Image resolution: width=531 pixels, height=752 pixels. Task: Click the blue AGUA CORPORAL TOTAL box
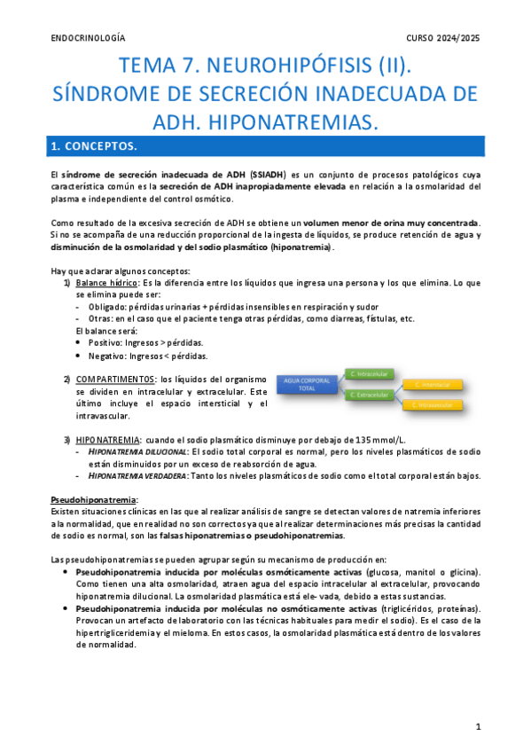(308, 384)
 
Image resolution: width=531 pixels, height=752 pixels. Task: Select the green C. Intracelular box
(373, 373)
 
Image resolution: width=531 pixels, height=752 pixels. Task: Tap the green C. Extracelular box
(373, 395)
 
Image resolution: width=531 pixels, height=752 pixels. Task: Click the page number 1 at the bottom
(478, 726)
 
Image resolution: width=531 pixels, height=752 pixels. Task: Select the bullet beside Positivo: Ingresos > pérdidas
(80, 342)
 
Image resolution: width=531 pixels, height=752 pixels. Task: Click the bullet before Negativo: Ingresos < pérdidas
(80, 356)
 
